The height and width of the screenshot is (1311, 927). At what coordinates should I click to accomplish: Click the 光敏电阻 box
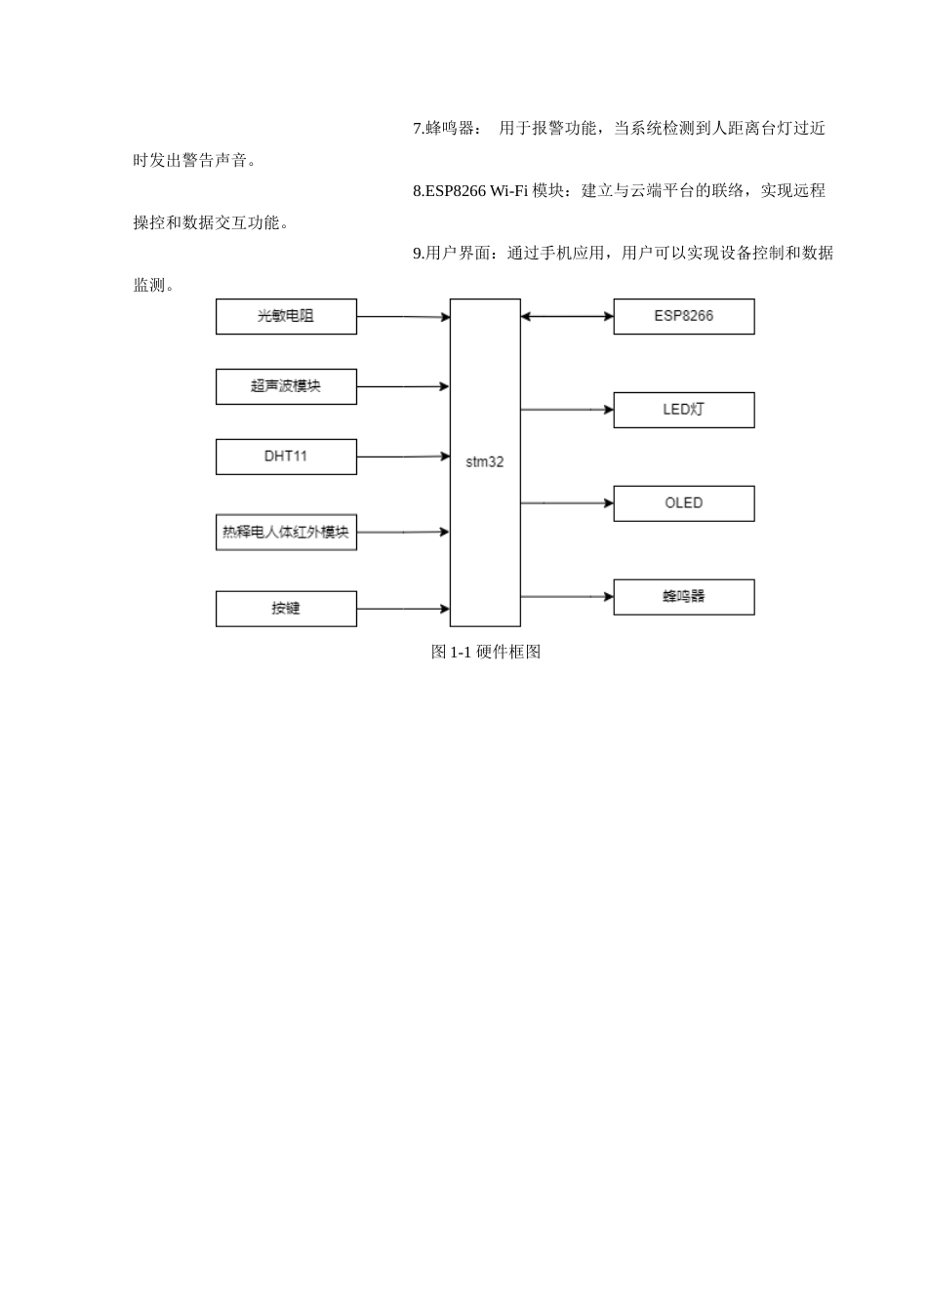click(x=286, y=316)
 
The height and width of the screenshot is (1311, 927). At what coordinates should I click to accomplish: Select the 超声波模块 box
click(x=286, y=386)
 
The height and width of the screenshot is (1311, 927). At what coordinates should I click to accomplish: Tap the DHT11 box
click(x=286, y=457)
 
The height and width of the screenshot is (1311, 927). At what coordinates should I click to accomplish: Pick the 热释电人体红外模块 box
click(x=286, y=532)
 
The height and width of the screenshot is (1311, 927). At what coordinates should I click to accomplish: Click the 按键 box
click(x=286, y=609)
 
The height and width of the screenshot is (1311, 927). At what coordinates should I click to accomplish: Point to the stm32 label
click(x=485, y=462)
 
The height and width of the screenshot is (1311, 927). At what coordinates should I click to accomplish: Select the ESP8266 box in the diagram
click(x=683, y=316)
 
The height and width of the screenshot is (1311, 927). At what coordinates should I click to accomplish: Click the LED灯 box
click(x=683, y=410)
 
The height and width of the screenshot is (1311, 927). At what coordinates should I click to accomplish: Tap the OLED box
click(x=683, y=503)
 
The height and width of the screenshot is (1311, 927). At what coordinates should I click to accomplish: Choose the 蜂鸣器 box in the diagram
click(x=683, y=597)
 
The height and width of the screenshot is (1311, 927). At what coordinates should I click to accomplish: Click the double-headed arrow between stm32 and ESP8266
click(x=567, y=316)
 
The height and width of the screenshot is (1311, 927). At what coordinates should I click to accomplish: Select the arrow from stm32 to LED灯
click(x=567, y=410)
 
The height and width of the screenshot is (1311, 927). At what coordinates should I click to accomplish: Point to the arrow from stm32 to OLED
click(x=567, y=503)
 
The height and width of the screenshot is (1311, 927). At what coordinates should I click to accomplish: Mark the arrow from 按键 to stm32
click(x=403, y=609)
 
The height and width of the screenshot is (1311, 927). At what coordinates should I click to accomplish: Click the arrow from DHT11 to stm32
click(x=403, y=457)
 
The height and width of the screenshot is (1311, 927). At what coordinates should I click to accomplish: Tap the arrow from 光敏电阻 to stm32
click(x=403, y=316)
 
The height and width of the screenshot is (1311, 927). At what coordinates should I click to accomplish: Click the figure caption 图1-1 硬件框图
click(x=486, y=652)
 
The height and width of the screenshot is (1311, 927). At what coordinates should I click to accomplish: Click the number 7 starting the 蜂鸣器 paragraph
click(x=417, y=129)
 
